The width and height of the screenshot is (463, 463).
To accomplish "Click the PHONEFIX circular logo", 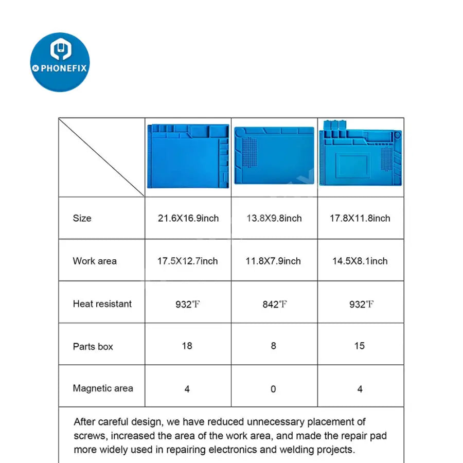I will pyautogui.click(x=60, y=62).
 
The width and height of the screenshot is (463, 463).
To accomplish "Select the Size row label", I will pyautogui.click(x=82, y=218).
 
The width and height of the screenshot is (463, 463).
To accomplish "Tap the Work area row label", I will pyautogui.click(x=95, y=261).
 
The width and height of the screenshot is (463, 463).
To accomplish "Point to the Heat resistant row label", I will pyautogui.click(x=102, y=304).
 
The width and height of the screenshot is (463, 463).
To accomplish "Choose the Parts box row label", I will pyautogui.click(x=93, y=346).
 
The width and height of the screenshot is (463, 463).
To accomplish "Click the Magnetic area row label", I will pyautogui.click(x=103, y=388).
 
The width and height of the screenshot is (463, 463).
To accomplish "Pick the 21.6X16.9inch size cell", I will pyautogui.click(x=188, y=218).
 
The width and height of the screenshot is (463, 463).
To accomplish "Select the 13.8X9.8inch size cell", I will pyautogui.click(x=274, y=218).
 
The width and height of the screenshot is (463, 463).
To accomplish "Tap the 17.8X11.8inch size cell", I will pyautogui.click(x=360, y=218).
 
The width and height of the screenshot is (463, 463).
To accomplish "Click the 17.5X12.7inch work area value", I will pyautogui.click(x=188, y=261).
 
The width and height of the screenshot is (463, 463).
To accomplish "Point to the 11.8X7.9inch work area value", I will pyautogui.click(x=273, y=261).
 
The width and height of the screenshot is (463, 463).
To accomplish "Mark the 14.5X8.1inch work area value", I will pyautogui.click(x=360, y=261).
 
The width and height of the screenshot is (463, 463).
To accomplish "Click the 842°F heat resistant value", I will pyautogui.click(x=274, y=304).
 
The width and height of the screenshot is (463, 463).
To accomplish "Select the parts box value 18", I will pyautogui.click(x=187, y=346).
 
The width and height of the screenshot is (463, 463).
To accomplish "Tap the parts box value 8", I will pyautogui.click(x=274, y=346).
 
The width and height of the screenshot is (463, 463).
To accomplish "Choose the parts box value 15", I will pyautogui.click(x=360, y=346).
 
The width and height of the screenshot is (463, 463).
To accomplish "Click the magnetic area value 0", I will pyautogui.click(x=274, y=389).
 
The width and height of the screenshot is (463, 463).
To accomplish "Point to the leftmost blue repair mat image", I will pyautogui.click(x=188, y=155).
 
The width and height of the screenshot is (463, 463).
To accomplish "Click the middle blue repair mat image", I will pyautogui.click(x=274, y=155).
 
